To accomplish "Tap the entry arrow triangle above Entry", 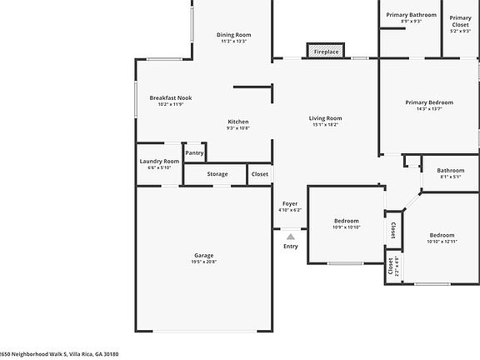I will tap(290, 237).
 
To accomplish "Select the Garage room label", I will tap(204, 255).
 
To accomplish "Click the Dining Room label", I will tap(234, 35).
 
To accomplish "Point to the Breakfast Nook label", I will tap(170, 97).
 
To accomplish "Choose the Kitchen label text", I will tap(238, 122).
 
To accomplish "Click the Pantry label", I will tap(194, 152).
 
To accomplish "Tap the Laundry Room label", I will tap(159, 161).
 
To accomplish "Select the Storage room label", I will tap(217, 174).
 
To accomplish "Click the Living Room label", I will tap(327, 118).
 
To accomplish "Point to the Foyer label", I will tap(290, 203).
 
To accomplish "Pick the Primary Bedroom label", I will tap(429, 102).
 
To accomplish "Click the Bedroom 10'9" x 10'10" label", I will tap(346, 221).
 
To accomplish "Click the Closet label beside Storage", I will tap(260, 174).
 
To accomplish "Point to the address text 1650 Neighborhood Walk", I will tap(59, 353).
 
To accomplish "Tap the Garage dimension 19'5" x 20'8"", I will tap(204, 262).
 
